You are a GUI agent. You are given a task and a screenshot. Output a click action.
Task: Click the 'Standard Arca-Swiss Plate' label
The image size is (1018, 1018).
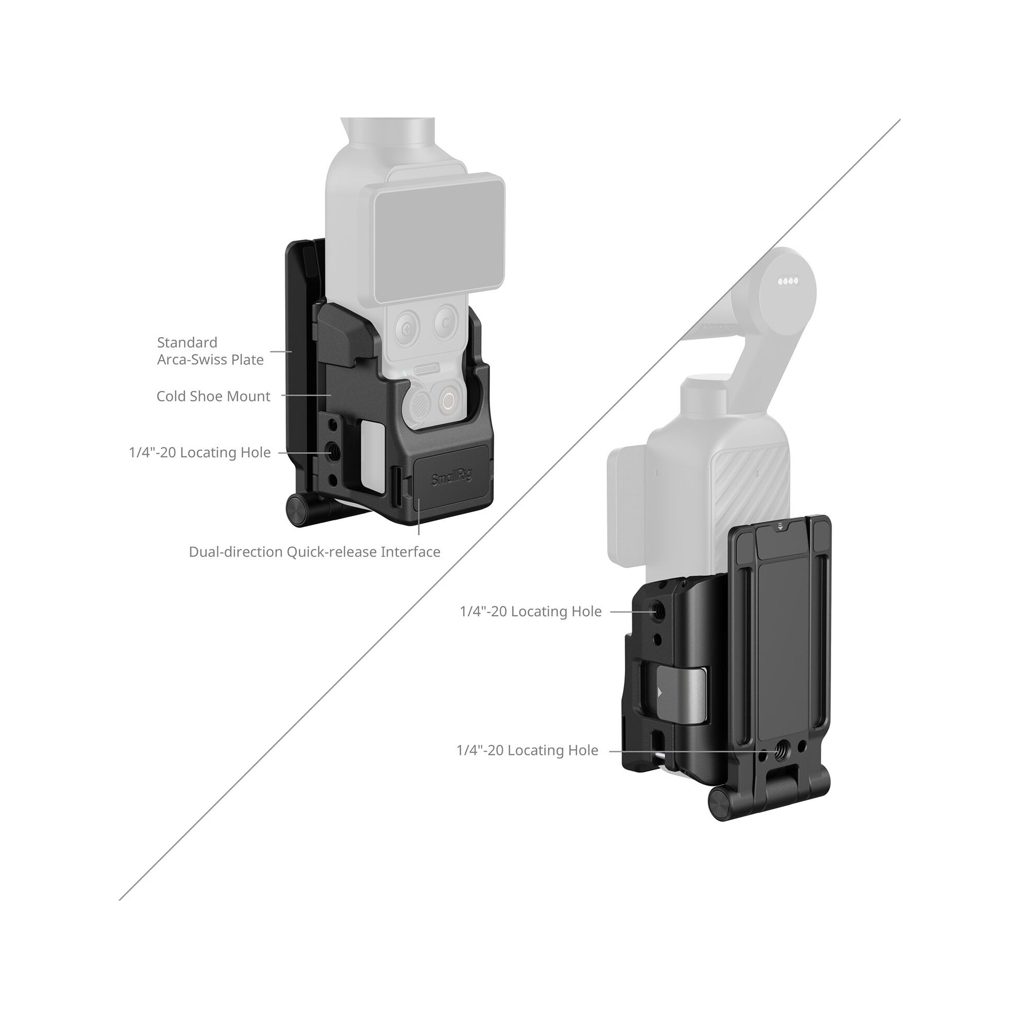210,351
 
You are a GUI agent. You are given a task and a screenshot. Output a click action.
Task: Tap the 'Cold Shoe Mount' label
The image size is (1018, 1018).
214,396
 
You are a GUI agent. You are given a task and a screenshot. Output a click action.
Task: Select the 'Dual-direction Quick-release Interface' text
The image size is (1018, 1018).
315,552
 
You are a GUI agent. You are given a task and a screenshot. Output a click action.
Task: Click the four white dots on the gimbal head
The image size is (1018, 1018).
788,281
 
